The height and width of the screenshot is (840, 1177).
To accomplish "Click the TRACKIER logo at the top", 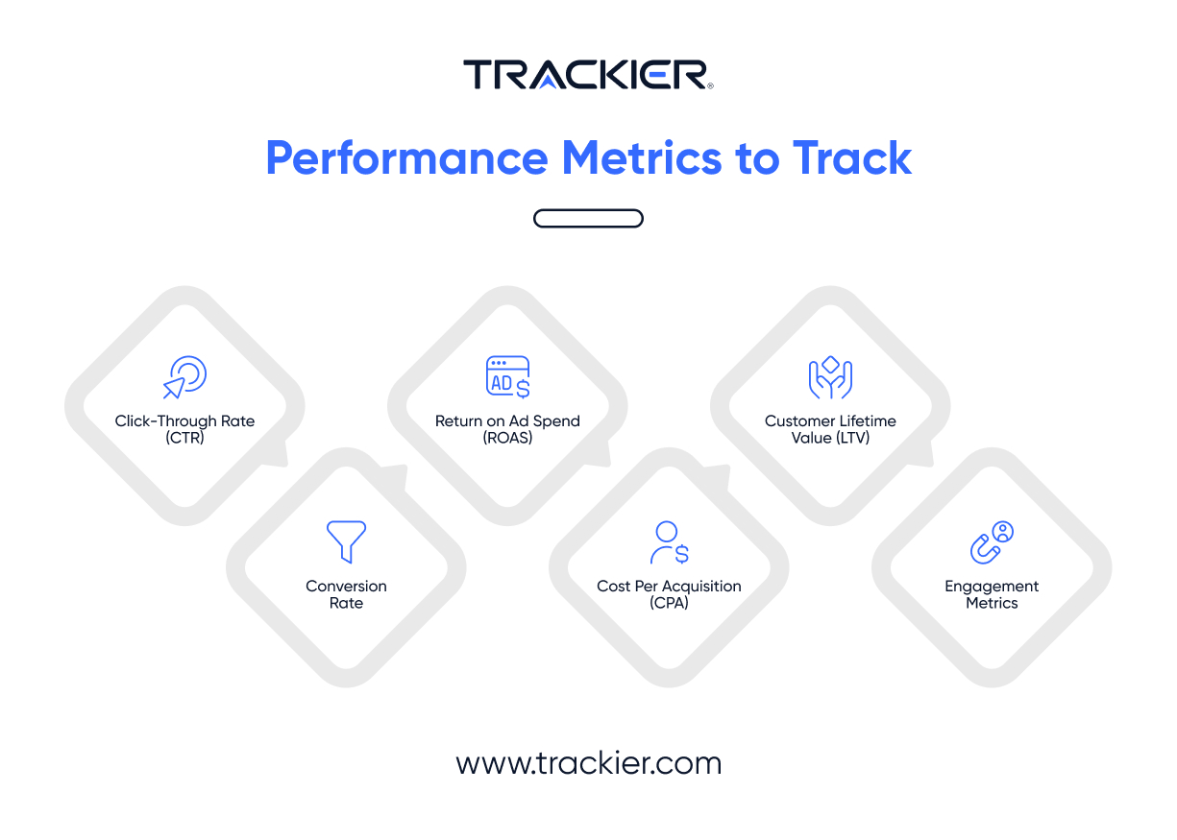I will pos(588,75).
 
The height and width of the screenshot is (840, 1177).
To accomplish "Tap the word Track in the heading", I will pos(852,158).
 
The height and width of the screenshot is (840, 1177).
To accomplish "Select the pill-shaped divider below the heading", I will pos(588,219).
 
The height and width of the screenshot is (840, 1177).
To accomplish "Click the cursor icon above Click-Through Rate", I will pos(184,376).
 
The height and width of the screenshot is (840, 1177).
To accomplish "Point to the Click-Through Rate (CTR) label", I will pos(184,429).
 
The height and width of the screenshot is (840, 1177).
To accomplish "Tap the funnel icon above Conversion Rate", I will pos(346,541).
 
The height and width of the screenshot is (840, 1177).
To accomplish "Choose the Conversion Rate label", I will pos(346,594).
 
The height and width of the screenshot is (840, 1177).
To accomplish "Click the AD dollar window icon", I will pos(507,376).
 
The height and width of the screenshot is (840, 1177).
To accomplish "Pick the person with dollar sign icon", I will pos(669,541).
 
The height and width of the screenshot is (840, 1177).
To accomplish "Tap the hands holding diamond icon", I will pos(830,376).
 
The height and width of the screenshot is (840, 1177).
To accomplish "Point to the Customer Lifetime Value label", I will pos(830,429).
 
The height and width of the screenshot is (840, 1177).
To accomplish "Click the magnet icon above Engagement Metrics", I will pos(992,541).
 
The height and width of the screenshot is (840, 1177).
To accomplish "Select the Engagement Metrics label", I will pos(992,594).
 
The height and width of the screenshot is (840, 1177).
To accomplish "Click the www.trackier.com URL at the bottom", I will pos(588,763).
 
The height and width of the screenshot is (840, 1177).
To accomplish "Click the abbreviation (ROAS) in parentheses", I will pos(507,438).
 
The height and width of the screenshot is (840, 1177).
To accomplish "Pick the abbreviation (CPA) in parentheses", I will pos(669,603).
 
